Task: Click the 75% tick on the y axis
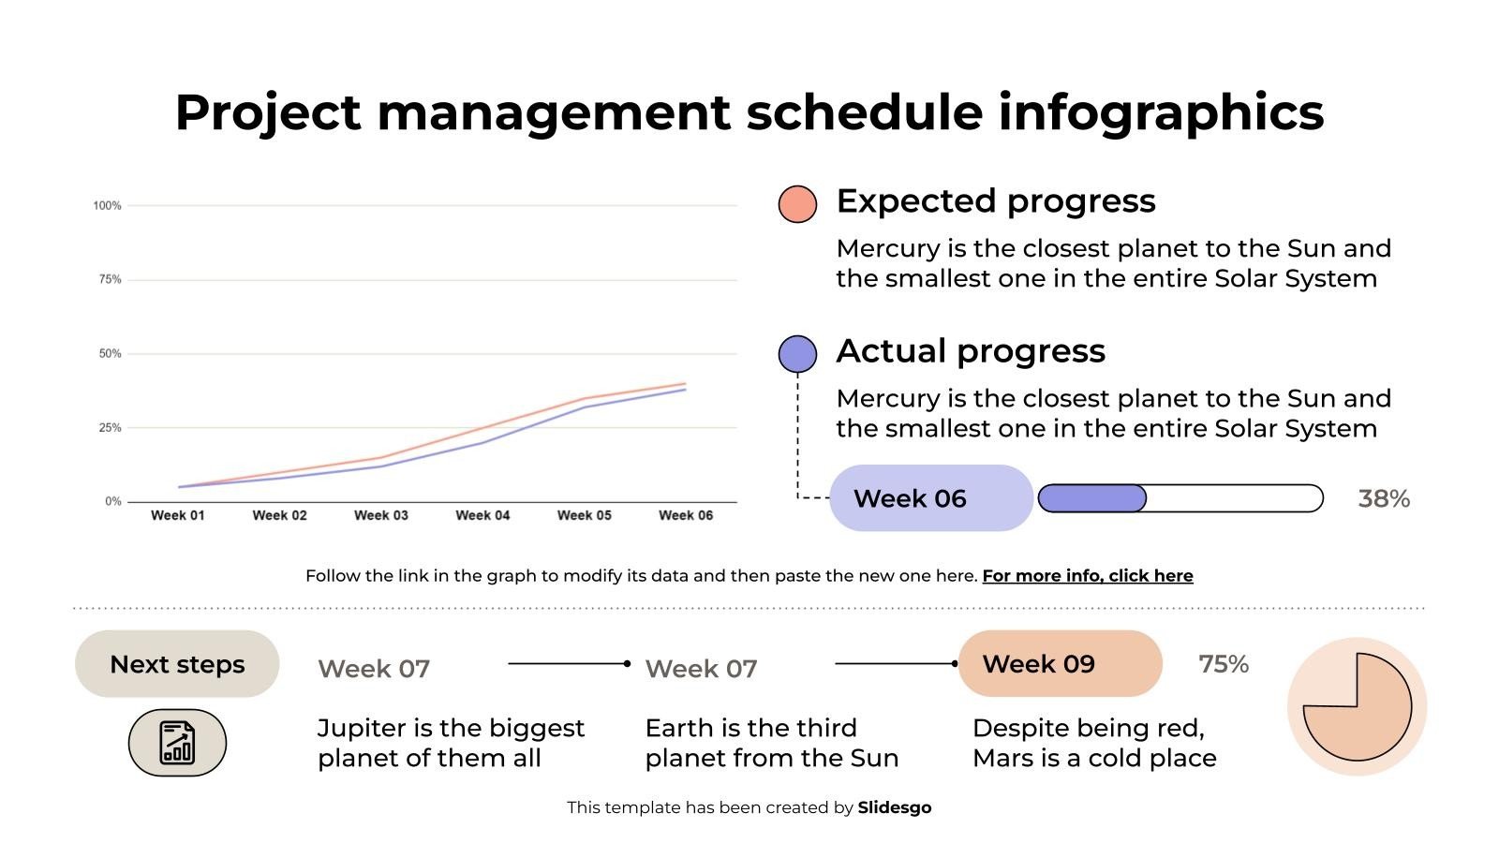pos(110,279)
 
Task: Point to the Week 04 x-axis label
pos(482,515)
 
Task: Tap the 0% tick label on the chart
pos(113,502)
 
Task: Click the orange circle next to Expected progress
pos(797,204)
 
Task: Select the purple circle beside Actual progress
pos(797,354)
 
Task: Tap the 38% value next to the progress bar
pos(1383,498)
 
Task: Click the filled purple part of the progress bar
pos(1091,498)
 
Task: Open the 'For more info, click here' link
pos(1087,576)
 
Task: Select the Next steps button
pos(177,664)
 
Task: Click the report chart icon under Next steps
pos(177,743)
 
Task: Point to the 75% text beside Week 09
pos(1223,664)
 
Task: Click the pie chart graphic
pos(1357,706)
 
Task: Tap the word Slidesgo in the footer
pos(894,807)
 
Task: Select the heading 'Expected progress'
pos(995,201)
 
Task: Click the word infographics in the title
pos(1160,112)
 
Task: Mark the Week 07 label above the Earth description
pos(701,669)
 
